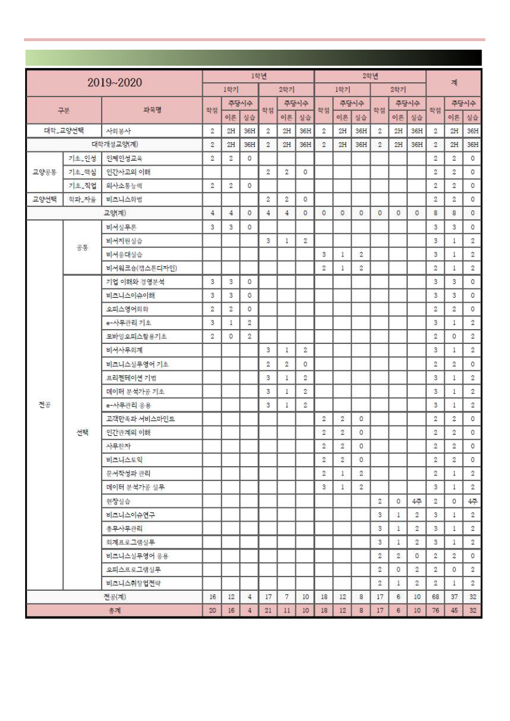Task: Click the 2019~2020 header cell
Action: [x=114, y=83]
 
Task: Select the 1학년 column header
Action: [x=258, y=76]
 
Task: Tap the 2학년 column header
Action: [x=370, y=76]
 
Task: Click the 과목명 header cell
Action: [x=152, y=110]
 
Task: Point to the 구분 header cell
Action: [x=63, y=110]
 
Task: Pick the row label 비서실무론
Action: [x=121, y=227]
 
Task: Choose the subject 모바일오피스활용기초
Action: [x=136, y=337]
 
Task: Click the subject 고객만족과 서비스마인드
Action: [x=140, y=419]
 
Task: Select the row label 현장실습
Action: [x=118, y=501]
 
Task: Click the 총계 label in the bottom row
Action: [x=114, y=611]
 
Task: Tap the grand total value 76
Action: [x=435, y=611]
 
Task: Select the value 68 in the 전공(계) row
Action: [x=435, y=597]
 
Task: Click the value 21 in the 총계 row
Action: [x=268, y=611]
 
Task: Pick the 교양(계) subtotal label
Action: [x=114, y=213]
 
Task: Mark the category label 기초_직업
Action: [x=82, y=186]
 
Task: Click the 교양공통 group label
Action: [x=44, y=172]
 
